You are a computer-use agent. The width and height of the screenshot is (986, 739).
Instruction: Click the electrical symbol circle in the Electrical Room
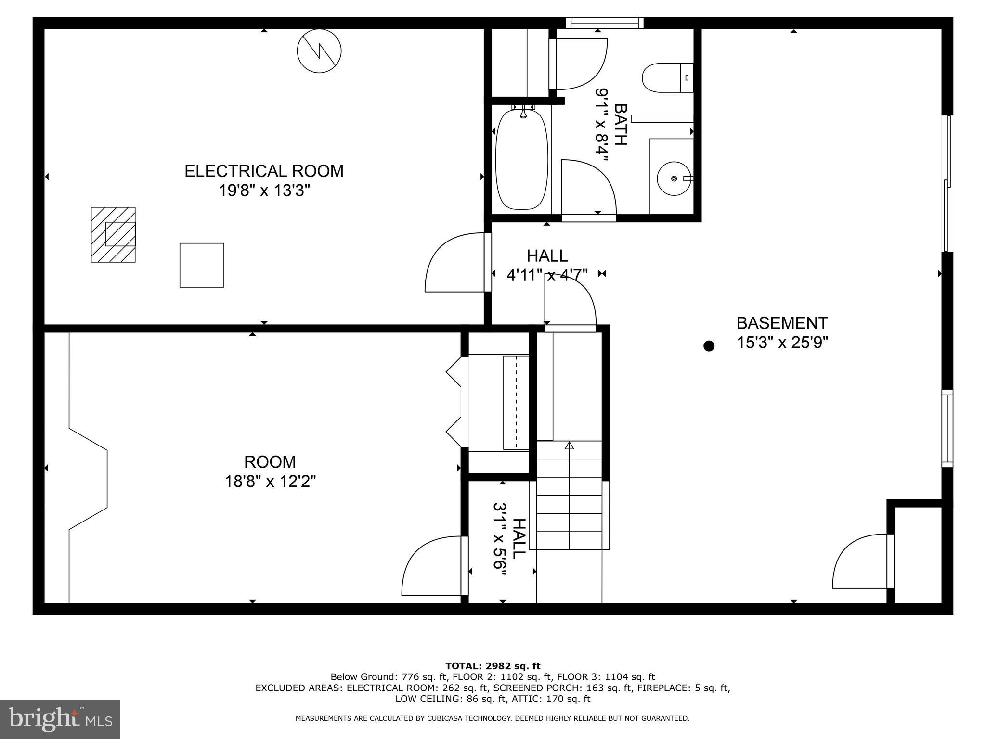coord(319,51)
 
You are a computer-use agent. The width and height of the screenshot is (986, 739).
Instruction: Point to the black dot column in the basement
coord(709,345)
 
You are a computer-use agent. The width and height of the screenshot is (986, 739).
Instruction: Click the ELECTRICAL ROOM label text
coord(264,171)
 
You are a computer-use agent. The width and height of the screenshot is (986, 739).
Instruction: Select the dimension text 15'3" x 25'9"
coord(782,343)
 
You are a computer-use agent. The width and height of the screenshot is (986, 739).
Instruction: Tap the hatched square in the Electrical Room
coord(113,235)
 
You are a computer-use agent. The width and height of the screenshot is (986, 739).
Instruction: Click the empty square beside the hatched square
coord(202,265)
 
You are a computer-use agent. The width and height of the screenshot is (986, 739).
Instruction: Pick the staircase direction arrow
coord(570,446)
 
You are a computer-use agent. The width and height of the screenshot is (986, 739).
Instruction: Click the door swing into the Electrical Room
coord(455,263)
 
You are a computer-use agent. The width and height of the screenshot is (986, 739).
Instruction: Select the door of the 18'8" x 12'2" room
coord(433,567)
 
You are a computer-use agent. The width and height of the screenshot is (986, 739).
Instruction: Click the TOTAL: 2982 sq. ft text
coord(493,666)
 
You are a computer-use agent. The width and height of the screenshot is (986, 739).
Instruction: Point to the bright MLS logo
coord(60,719)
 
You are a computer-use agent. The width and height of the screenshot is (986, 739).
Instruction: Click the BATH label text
coord(621,124)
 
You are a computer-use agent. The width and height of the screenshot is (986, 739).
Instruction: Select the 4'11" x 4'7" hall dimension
coord(547,275)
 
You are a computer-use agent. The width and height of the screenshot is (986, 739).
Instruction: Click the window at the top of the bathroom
coord(604,23)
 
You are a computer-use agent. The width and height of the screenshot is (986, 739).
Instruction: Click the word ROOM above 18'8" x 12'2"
coord(270,462)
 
